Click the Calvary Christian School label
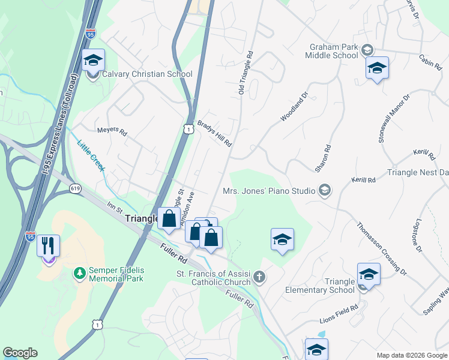[147, 74]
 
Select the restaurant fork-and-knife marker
[48, 247]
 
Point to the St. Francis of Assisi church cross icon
[259, 277]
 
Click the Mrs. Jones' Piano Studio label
[269, 191]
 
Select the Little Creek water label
[91, 154]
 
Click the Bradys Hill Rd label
[215, 131]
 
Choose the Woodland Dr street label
[294, 107]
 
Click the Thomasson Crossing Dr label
[382, 248]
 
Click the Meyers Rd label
[112, 131]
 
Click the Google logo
[20, 353]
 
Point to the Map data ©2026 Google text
[411, 355]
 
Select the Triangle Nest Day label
[418, 173]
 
